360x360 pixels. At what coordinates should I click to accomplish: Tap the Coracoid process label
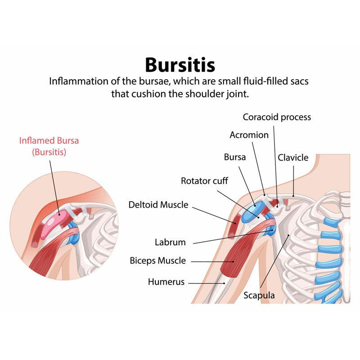[x=277, y=117]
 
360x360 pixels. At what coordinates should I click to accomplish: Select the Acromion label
[x=249, y=135]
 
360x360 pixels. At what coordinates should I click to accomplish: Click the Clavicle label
[x=293, y=157]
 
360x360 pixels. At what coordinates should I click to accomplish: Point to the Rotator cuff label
[x=204, y=181]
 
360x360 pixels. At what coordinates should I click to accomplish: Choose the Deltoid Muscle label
[x=158, y=205]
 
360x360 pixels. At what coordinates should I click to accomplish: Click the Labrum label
[x=170, y=242]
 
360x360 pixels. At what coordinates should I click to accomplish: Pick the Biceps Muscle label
[x=157, y=261]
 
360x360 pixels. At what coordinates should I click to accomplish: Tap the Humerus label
[x=166, y=282]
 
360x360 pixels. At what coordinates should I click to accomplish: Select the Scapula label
[x=259, y=296]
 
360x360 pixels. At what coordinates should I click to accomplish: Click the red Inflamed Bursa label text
[x=49, y=140]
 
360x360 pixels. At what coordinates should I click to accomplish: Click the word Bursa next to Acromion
[x=235, y=157]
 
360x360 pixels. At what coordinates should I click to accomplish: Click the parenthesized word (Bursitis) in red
[x=49, y=152]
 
